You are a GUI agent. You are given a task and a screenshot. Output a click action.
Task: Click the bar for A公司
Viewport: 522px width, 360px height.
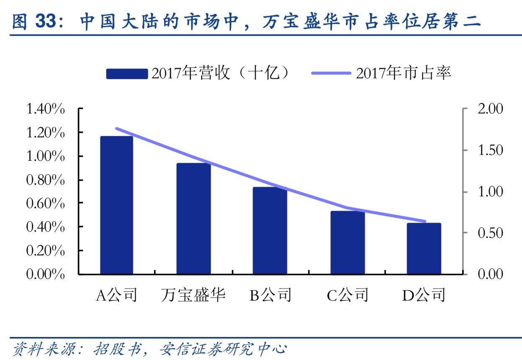[x=116, y=205]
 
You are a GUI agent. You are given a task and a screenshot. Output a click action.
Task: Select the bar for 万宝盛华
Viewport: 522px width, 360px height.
[x=193, y=219]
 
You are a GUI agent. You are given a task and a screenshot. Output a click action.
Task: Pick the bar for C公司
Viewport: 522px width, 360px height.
[x=347, y=242]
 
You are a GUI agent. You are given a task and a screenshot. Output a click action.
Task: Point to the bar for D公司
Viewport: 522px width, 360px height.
[x=424, y=249]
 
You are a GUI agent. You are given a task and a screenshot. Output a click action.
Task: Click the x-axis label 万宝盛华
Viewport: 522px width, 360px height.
[x=193, y=296]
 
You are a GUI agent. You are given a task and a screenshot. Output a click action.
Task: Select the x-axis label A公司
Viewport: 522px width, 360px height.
[x=116, y=296]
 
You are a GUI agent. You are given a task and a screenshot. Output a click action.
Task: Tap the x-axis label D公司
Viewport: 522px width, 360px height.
[x=424, y=296]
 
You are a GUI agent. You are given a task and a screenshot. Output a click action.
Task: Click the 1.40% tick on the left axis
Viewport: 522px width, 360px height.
[x=46, y=109]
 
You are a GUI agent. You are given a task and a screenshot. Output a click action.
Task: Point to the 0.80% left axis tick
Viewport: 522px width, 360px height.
[x=46, y=180]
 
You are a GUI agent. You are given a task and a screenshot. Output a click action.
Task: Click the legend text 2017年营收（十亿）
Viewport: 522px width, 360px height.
[x=220, y=73]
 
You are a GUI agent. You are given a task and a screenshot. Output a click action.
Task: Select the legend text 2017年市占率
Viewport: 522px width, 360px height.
[x=404, y=73]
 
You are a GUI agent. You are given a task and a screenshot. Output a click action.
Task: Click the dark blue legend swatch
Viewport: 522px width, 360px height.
[x=127, y=74]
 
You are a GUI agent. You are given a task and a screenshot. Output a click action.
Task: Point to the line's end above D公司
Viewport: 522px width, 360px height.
[x=425, y=221]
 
